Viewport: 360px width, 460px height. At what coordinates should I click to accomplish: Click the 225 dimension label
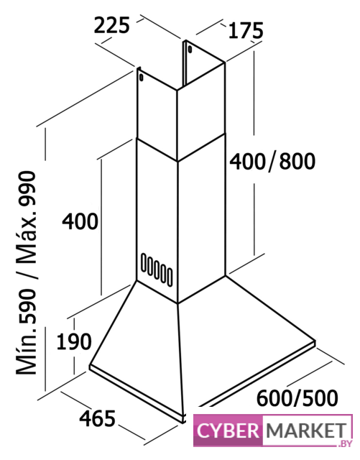pos(112,25)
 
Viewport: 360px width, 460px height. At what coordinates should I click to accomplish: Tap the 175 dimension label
pos(246,30)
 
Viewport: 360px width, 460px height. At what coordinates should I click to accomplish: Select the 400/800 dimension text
pos(272,161)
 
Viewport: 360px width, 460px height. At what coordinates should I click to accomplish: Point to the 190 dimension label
pos(74,341)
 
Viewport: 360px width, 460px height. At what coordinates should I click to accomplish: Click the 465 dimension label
pos(98,418)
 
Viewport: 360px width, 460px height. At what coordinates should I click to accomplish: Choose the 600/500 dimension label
pos(297,398)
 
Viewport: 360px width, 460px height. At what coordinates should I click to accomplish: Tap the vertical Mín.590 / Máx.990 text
pos(27,273)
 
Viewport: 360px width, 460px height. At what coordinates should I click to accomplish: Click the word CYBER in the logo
pos(228,431)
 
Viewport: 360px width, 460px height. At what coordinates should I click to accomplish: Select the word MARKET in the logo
pos(306,431)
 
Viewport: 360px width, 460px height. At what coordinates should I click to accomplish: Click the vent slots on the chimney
pos(157,270)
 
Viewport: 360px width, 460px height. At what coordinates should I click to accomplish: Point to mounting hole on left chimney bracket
pos(142,78)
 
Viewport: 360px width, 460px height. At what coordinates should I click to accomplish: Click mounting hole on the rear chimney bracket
pos(190,49)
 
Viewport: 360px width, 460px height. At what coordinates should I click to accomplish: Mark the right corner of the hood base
pos(315,342)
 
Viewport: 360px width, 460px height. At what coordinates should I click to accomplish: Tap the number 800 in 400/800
pos(297,161)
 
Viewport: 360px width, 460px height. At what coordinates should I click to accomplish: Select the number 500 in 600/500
pos(320,398)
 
